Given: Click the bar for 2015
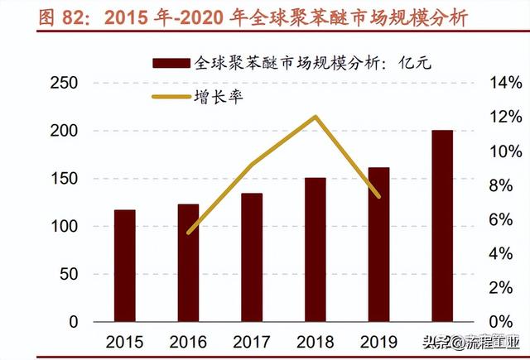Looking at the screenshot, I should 125,266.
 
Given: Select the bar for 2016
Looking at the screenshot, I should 189,263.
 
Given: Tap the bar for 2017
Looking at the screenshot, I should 252,257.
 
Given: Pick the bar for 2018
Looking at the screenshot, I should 316,250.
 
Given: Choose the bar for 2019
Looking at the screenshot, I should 378,245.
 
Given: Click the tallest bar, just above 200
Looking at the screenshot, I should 442,226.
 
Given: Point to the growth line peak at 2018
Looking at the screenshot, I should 316,117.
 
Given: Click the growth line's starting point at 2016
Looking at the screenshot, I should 189,233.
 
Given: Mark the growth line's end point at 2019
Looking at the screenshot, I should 378,197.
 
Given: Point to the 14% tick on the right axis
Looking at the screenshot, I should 504,84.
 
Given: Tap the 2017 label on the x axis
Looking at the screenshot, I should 252,340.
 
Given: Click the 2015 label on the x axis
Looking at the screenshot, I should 125,340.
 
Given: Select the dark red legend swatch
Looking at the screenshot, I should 170,63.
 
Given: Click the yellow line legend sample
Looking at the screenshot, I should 170,97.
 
